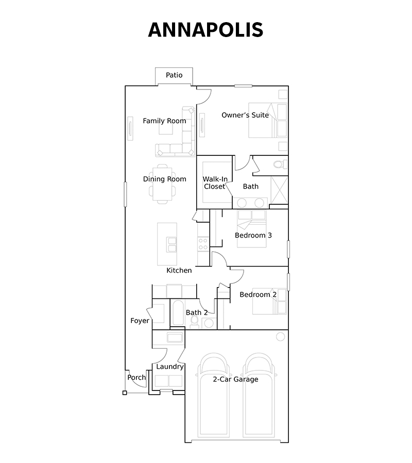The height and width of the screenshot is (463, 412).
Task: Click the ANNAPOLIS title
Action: (x=205, y=29)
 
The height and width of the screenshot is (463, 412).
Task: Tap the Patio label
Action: (x=174, y=75)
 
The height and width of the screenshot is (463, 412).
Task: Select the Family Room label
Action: (x=164, y=121)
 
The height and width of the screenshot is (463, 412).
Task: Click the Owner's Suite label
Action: (x=245, y=115)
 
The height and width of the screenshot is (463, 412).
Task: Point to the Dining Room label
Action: (x=165, y=179)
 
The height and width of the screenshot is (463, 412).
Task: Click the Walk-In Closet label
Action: (x=215, y=183)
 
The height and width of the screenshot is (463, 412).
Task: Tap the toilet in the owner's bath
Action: (x=280, y=164)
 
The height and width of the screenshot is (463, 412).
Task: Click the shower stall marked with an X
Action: (x=279, y=190)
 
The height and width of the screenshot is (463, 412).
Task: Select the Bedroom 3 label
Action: (x=253, y=235)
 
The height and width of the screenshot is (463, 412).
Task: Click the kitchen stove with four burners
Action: (x=203, y=244)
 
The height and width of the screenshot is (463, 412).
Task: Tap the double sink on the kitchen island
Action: (x=171, y=244)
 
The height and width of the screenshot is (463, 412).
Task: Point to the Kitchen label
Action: (x=179, y=270)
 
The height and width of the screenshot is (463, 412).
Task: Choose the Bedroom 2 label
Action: (x=258, y=294)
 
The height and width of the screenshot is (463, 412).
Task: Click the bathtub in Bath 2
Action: (x=178, y=313)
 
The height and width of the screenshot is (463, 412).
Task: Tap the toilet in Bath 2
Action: (x=194, y=322)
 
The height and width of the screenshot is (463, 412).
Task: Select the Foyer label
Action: (x=140, y=320)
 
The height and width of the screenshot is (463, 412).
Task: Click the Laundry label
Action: (x=170, y=367)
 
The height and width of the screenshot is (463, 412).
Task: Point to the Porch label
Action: (x=136, y=378)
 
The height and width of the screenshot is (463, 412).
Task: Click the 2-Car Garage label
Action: (x=235, y=380)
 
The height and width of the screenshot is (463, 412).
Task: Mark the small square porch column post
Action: (x=125, y=393)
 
